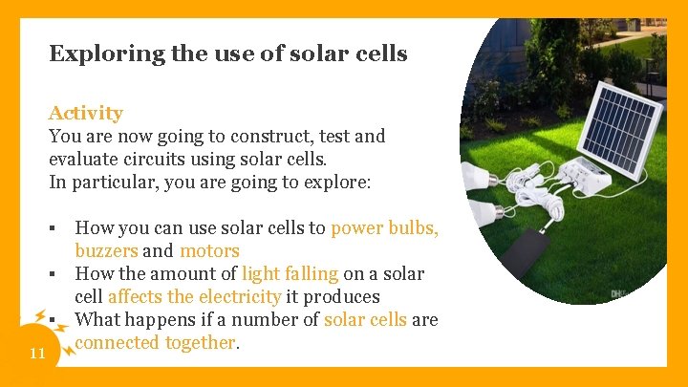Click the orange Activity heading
click(86, 113)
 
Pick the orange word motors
click(209, 251)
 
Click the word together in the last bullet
click(199, 343)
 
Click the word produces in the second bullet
click(342, 297)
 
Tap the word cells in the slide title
click(380, 54)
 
